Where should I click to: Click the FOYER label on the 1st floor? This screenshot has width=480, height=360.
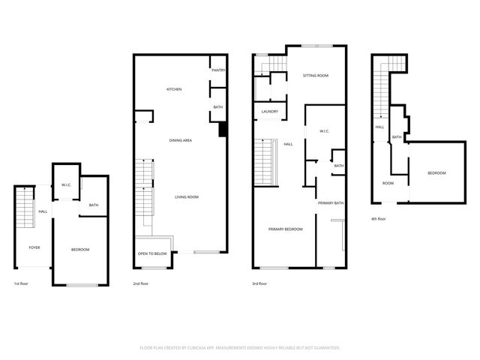tap(34, 247)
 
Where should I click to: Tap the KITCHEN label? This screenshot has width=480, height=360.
tap(174, 89)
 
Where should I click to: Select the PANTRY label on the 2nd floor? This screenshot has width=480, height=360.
tap(218, 70)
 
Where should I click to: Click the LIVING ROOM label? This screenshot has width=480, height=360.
tap(187, 196)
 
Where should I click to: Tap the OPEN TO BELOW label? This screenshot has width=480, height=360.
tap(152, 253)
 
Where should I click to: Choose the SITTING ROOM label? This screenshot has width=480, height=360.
tap(315, 76)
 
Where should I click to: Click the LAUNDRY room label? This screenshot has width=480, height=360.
tap(269, 112)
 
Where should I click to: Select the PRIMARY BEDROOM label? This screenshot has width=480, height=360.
tap(286, 229)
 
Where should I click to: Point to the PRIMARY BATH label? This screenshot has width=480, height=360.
tap(330, 203)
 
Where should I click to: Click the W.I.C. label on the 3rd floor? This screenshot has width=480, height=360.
tap(324, 131)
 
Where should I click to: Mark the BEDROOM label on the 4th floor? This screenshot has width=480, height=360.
tap(436, 173)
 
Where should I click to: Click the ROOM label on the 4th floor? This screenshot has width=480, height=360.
tap(388, 183)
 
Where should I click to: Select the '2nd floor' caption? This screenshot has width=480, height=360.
tap(140, 284)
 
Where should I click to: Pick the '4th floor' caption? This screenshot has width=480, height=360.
tap(379, 219)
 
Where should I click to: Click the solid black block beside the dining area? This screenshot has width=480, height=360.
tap(222, 130)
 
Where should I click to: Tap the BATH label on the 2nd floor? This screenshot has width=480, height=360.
tap(218, 107)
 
